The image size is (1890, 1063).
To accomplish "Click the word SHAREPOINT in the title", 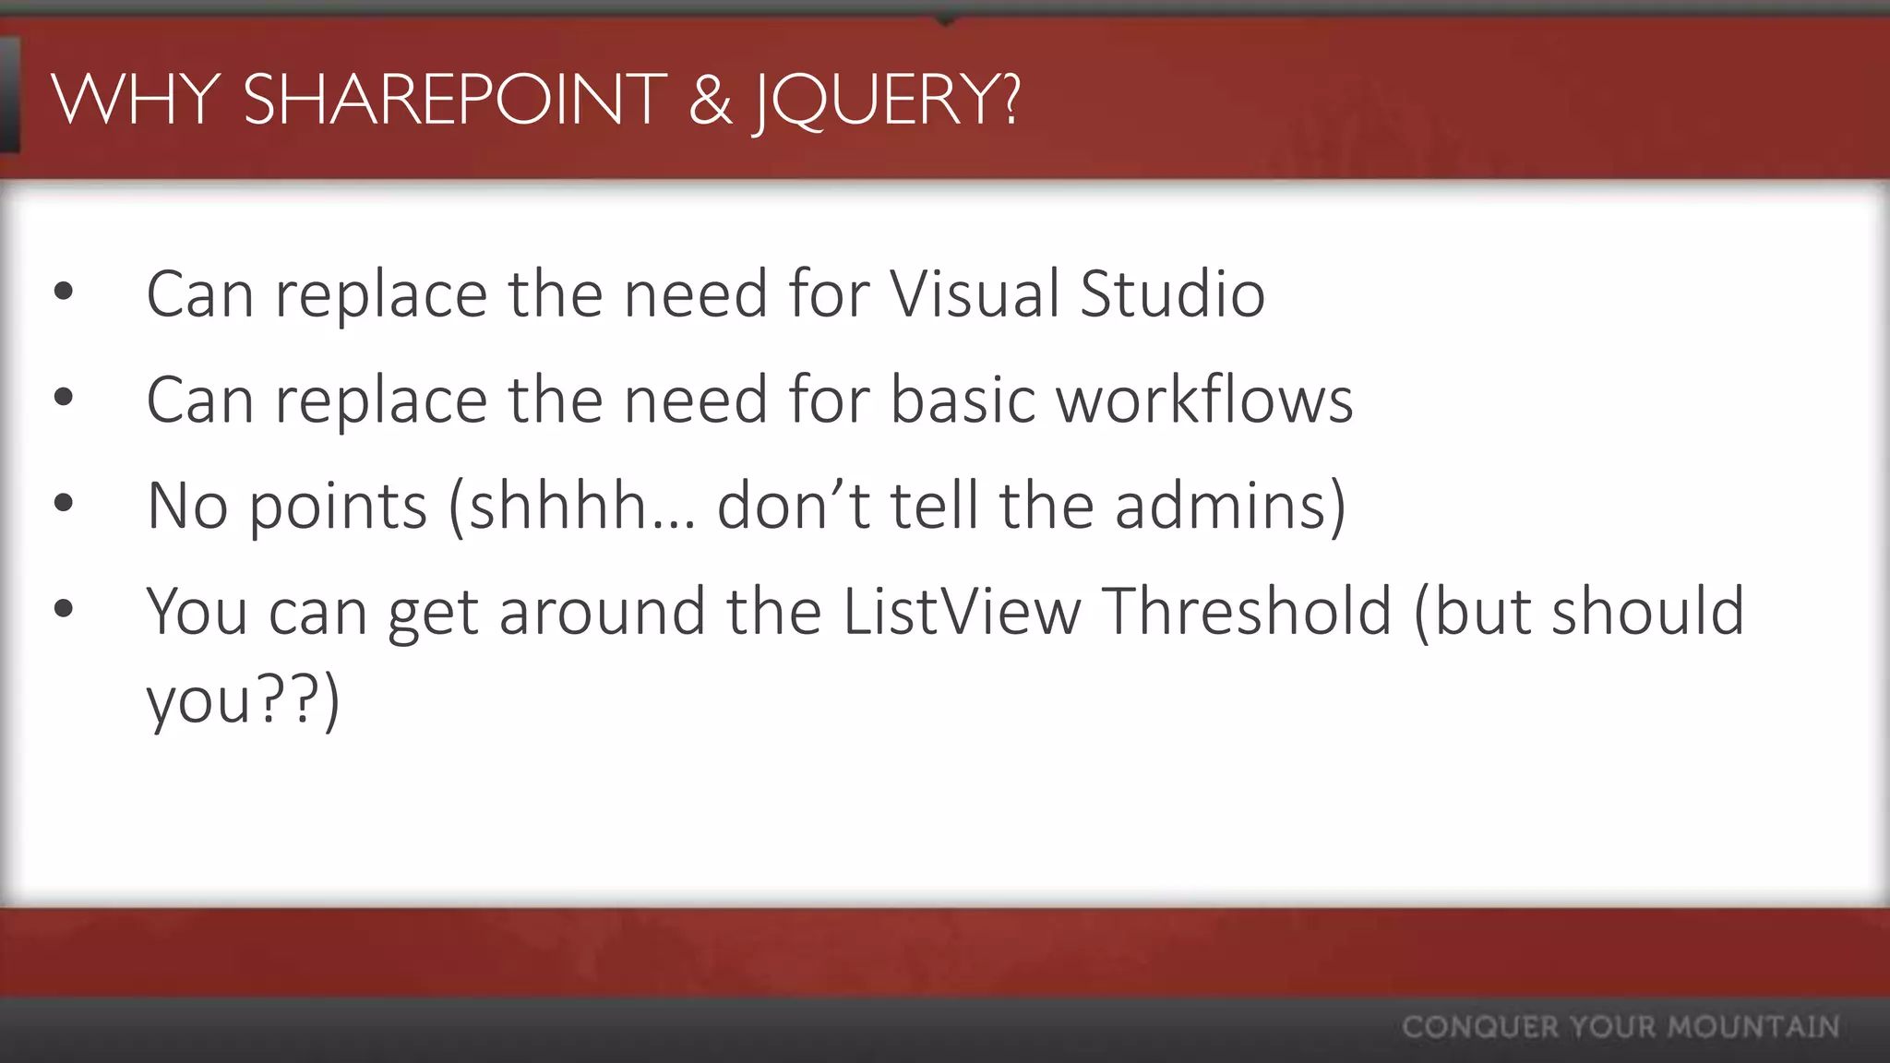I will point(454,99).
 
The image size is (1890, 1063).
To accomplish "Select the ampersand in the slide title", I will point(710,100).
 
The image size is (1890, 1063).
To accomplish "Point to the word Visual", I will point(975,294).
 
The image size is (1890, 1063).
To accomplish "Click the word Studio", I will point(1172,294).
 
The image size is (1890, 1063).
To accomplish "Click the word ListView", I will point(962,612).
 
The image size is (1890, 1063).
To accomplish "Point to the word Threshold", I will point(1247,612).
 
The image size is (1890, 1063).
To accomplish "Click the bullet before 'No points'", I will point(64,504).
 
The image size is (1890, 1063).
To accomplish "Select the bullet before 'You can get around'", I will point(64,609).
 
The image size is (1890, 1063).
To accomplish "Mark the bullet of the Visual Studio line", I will point(64,293).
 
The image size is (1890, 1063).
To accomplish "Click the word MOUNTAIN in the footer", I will point(1753,1027).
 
